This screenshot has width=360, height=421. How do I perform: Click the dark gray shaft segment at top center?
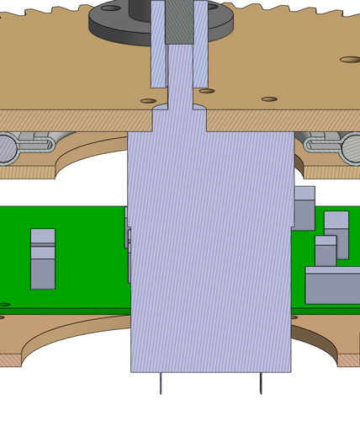pyautogui.click(x=179, y=21)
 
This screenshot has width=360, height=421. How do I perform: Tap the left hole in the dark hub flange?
pyautogui.click(x=110, y=8)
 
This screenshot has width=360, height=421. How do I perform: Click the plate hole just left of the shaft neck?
pyautogui.click(x=148, y=101)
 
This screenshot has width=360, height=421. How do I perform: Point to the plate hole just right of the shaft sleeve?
pyautogui.click(x=206, y=91)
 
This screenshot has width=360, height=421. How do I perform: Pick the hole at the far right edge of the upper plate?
pyautogui.click(x=351, y=59)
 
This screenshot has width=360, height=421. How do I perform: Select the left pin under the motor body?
pyautogui.click(x=160, y=383)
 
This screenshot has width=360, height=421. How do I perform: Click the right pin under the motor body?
pyautogui.click(x=260, y=383)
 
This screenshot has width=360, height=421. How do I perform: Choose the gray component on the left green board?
pyautogui.click(x=43, y=258)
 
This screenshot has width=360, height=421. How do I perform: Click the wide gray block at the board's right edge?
pyautogui.click(x=332, y=285)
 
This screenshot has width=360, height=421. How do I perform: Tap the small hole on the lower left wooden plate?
pyautogui.click(x=4, y=305)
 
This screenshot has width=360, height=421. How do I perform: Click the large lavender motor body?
pyautogui.click(x=210, y=253)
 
